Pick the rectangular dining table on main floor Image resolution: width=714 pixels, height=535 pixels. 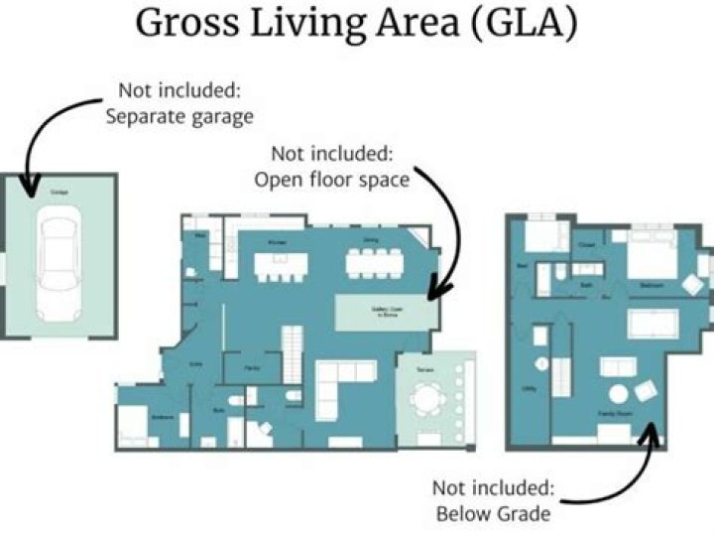[x=373, y=263]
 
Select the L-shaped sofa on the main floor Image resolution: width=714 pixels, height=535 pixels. [x=337, y=387]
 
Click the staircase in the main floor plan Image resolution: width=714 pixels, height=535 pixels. [x=291, y=352]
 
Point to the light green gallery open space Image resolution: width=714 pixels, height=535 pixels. [x=387, y=314]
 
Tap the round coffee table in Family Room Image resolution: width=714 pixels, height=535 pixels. [x=620, y=395]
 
